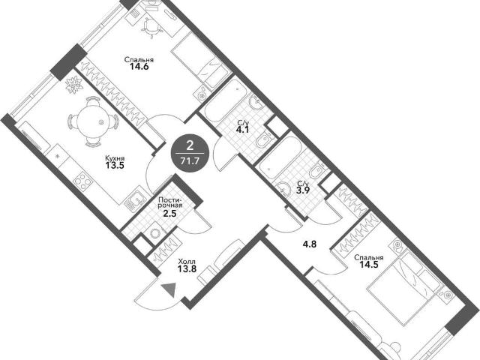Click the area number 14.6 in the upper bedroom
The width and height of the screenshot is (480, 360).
point(139,67)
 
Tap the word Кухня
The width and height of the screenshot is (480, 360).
point(115,158)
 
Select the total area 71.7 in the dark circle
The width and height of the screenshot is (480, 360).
point(190,160)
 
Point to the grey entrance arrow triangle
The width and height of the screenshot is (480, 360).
point(169,290)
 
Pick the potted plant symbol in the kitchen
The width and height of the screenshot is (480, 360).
point(73,84)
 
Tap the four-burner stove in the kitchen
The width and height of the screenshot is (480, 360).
point(83,181)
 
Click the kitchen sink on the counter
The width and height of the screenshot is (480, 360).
point(135,201)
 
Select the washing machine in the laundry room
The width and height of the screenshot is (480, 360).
point(156,233)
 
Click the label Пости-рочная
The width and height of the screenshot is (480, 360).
point(170,202)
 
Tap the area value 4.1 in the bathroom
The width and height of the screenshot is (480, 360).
point(241,130)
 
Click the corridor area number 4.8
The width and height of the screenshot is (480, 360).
point(310,244)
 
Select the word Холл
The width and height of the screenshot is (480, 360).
point(187,262)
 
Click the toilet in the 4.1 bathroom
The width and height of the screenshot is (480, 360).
point(264,140)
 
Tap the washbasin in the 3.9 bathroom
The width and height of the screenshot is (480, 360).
point(283,188)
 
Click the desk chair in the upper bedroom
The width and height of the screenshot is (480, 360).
point(150,25)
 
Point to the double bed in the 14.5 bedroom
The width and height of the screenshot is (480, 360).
point(404,286)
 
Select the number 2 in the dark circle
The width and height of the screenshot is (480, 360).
point(190,146)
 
